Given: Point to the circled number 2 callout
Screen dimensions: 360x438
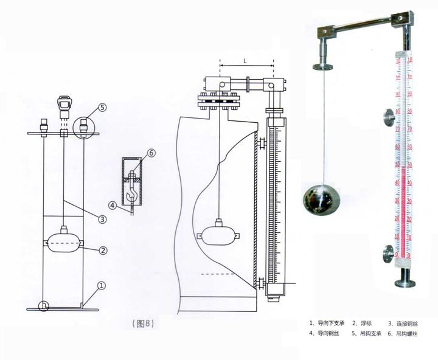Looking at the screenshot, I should pyautogui.click(x=103, y=250).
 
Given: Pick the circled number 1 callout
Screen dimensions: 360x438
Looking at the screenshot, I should pyautogui.click(x=102, y=285).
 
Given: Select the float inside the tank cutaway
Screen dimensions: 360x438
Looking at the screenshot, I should pyautogui.click(x=217, y=234).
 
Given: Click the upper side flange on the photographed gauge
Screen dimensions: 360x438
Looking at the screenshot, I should pyautogui.click(x=388, y=117).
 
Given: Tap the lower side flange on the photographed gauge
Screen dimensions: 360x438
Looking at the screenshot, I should pyautogui.click(x=388, y=254).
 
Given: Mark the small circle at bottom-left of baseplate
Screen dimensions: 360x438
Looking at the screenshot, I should pyautogui.click(x=43, y=306).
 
